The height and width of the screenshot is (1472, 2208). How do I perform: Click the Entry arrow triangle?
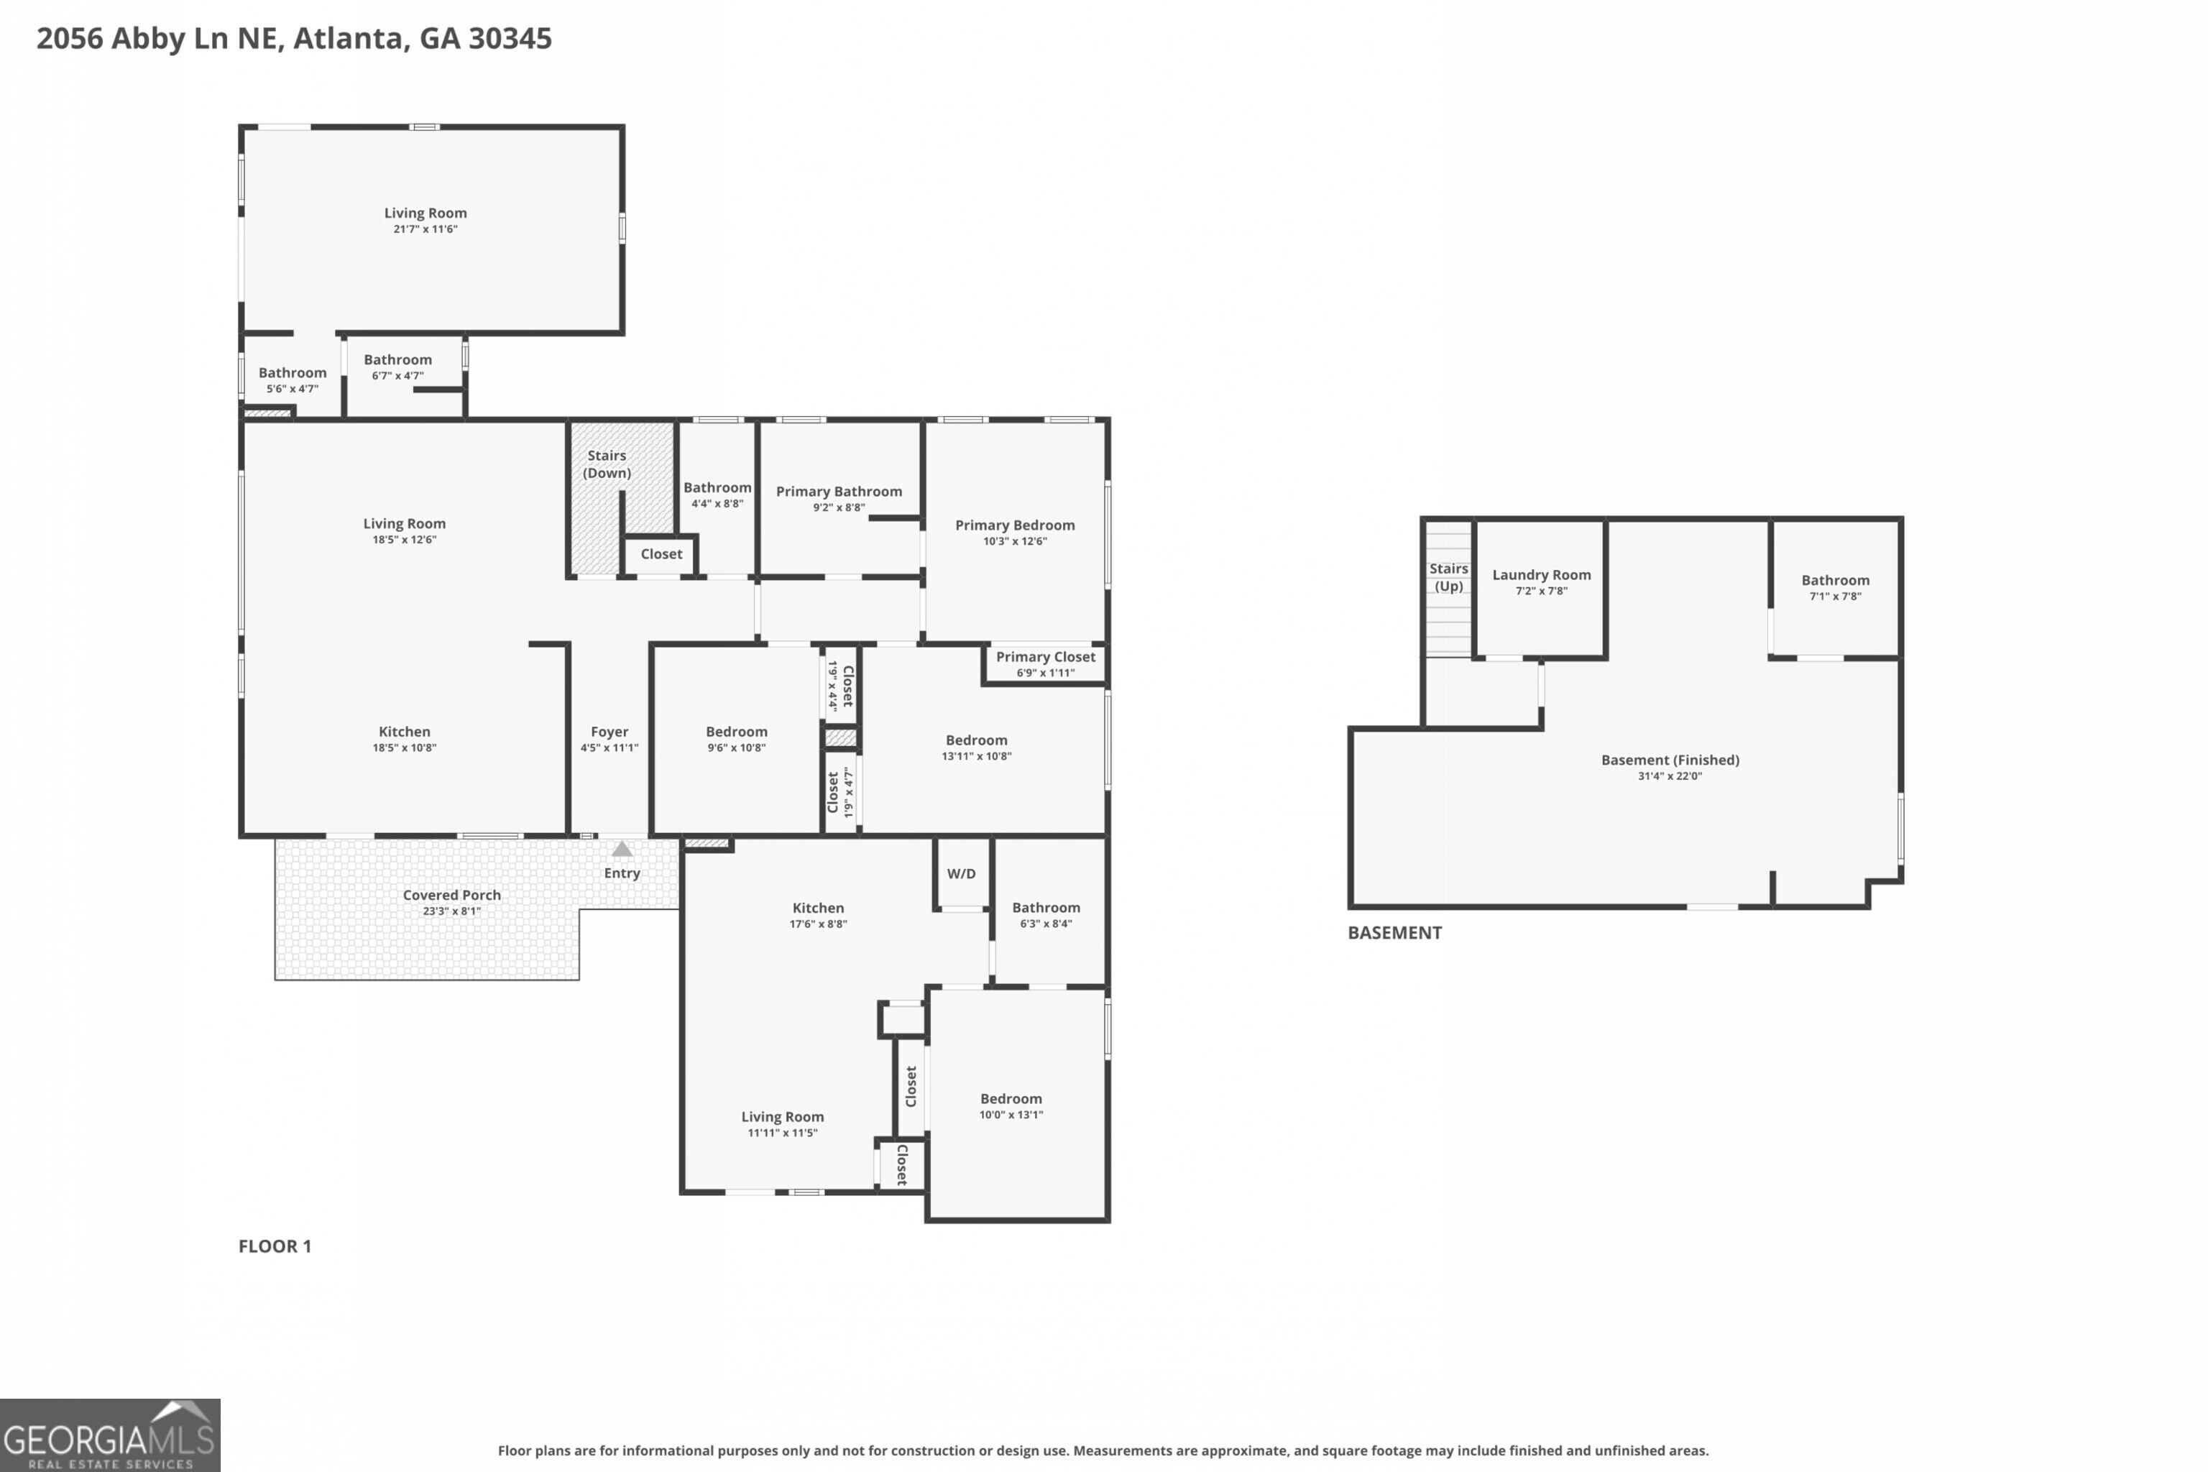(622, 849)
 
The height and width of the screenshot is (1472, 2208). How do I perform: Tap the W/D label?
(961, 874)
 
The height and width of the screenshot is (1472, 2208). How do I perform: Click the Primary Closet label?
(1046, 657)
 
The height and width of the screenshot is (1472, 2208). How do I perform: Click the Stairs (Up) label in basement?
(1448, 577)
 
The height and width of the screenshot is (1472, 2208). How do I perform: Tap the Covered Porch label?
(451, 896)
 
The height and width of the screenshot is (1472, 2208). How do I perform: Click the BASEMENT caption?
(1395, 933)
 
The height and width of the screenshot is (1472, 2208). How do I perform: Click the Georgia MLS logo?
(110, 1435)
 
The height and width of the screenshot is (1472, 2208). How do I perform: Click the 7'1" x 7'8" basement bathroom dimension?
(1835, 596)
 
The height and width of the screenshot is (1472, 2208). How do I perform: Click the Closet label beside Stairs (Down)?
(662, 554)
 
